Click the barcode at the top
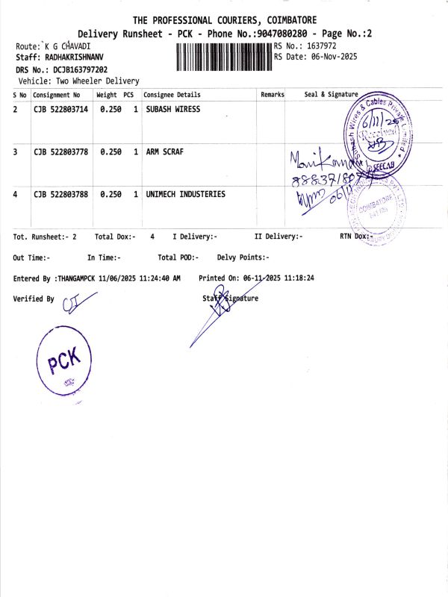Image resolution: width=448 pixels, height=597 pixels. (224, 57)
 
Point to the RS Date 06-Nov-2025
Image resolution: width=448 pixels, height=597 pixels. (334, 57)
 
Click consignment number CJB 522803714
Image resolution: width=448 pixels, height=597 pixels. (60, 110)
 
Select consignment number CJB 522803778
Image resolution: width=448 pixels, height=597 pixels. (60, 152)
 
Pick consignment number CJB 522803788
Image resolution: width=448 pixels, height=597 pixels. (60, 195)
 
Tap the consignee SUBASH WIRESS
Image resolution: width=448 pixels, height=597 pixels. (173, 110)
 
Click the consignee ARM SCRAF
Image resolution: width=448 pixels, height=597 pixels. (165, 152)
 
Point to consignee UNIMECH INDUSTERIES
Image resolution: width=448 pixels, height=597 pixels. (185, 195)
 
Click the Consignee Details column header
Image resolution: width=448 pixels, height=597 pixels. (172, 95)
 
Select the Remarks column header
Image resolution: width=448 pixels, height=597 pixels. (272, 95)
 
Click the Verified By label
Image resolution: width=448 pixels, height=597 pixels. (34, 298)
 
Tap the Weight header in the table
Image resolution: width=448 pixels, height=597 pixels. (107, 95)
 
